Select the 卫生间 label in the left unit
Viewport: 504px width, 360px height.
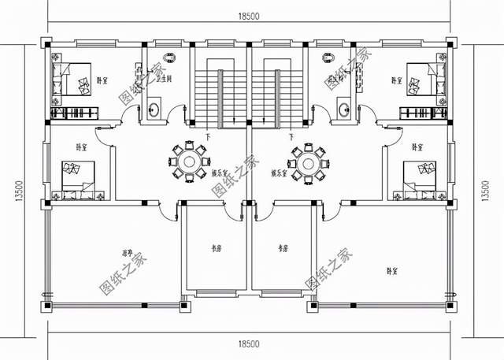165,79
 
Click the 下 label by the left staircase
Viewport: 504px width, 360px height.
206,138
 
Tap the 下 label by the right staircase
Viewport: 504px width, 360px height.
291,138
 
